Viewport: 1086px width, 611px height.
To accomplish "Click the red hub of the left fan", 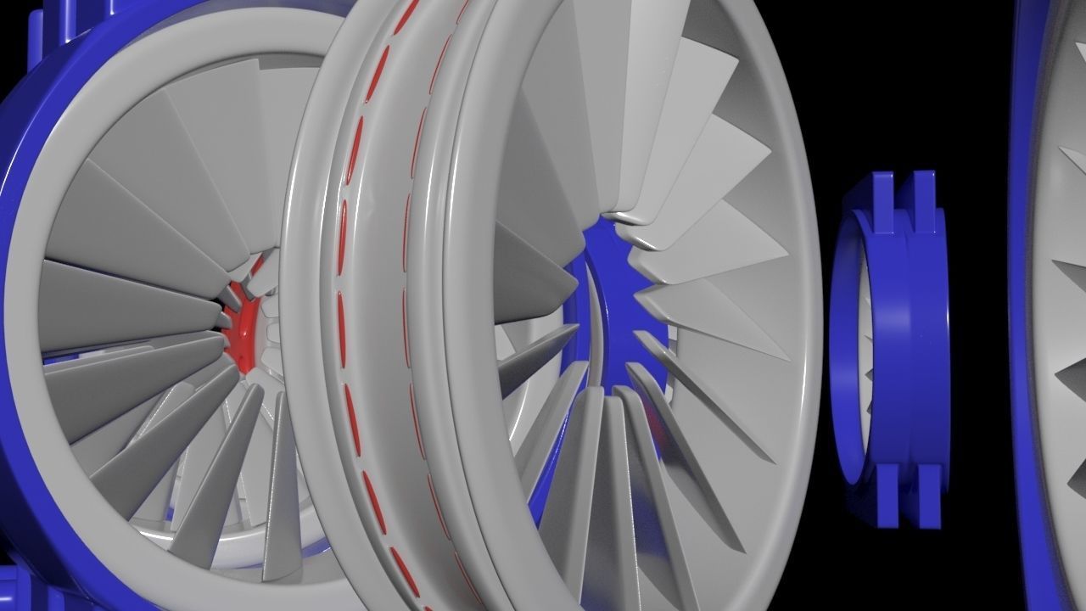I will coord(242,333).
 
